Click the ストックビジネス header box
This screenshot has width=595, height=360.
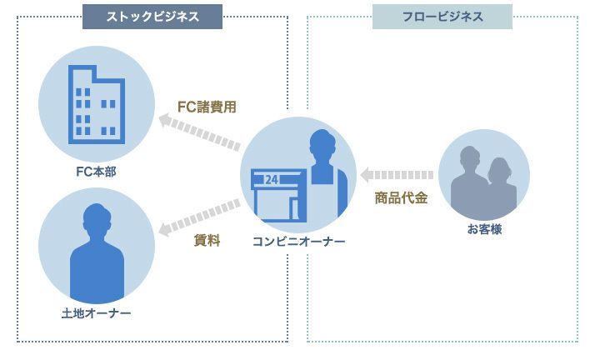coord(152,17)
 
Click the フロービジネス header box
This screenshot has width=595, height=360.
coord(442,17)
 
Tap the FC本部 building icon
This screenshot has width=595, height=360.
coord(96,105)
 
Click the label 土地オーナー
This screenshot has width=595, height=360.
coord(96,313)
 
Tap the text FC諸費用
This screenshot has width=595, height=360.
coord(207,107)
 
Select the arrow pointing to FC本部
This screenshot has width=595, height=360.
coord(199,133)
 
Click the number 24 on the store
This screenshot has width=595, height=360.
coord(272,180)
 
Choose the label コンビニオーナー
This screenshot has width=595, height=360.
coord(298,242)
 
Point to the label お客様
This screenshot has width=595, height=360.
coord(484,228)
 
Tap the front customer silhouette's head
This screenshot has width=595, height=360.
coord(499,169)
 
